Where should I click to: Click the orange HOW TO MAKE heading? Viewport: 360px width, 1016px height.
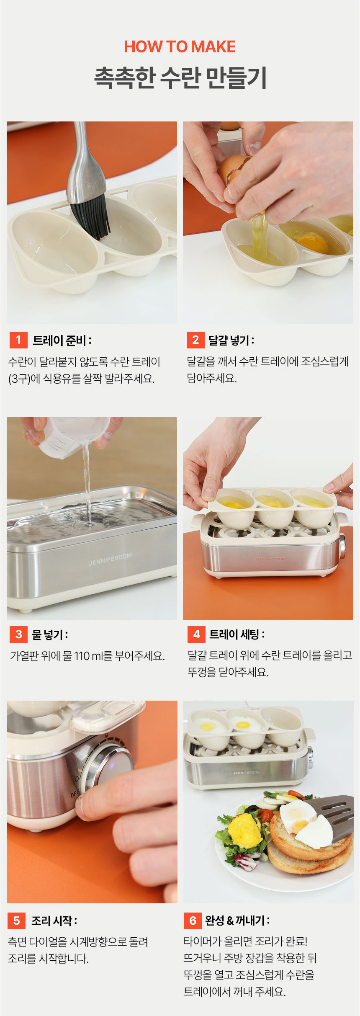180,47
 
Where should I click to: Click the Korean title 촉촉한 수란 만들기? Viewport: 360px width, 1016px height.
180,78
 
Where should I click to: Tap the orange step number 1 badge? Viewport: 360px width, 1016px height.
18,340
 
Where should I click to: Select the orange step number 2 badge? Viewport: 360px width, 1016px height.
195,340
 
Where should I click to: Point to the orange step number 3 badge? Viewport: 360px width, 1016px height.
18,634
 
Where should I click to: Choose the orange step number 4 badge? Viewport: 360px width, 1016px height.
196,634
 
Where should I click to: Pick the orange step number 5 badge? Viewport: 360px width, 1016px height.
17,921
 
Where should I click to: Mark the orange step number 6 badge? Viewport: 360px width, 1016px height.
193,921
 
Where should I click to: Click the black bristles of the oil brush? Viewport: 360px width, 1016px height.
90,216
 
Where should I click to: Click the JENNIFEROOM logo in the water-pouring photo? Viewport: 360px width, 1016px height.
110,559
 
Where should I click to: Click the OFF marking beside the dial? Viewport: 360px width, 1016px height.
75,793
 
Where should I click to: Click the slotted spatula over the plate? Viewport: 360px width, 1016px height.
331,817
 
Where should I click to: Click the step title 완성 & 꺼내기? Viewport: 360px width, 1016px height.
237,921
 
